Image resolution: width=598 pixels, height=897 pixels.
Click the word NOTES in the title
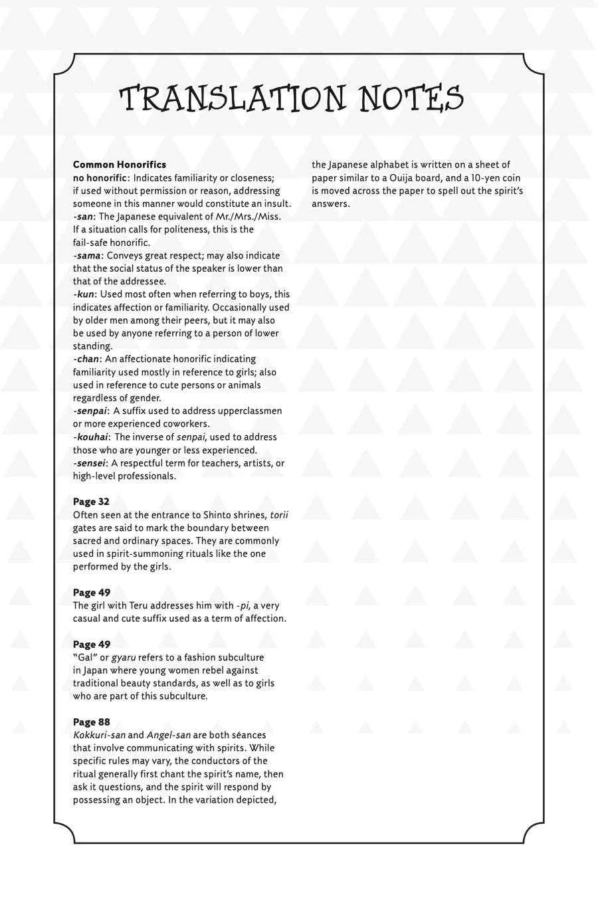point(411,100)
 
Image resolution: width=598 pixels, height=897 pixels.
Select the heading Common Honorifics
point(120,165)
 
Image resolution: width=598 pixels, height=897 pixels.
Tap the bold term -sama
point(87,256)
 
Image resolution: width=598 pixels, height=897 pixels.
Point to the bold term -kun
point(84,294)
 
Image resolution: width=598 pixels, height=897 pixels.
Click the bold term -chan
point(86,359)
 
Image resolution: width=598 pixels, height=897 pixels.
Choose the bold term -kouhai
point(91,437)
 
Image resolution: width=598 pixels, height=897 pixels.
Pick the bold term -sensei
point(90,463)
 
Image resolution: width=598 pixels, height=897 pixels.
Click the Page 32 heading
point(91,502)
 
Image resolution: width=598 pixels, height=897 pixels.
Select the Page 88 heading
point(91,722)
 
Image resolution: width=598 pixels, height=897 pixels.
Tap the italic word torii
point(279,515)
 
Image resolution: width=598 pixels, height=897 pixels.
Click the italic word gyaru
point(123,658)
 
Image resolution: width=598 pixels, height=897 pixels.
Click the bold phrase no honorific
point(100,178)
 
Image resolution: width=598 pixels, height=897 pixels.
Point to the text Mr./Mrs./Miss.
point(245,217)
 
